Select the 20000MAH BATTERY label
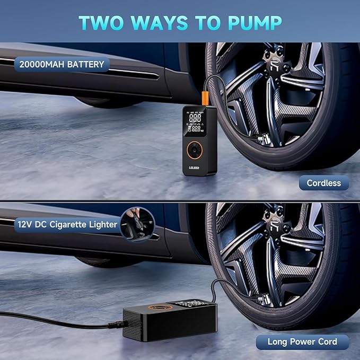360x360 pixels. pyautogui.click(x=63, y=65)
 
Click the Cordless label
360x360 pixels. pyautogui.click(x=323, y=183)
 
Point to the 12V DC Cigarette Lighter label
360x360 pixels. pyautogui.click(x=67, y=224)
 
